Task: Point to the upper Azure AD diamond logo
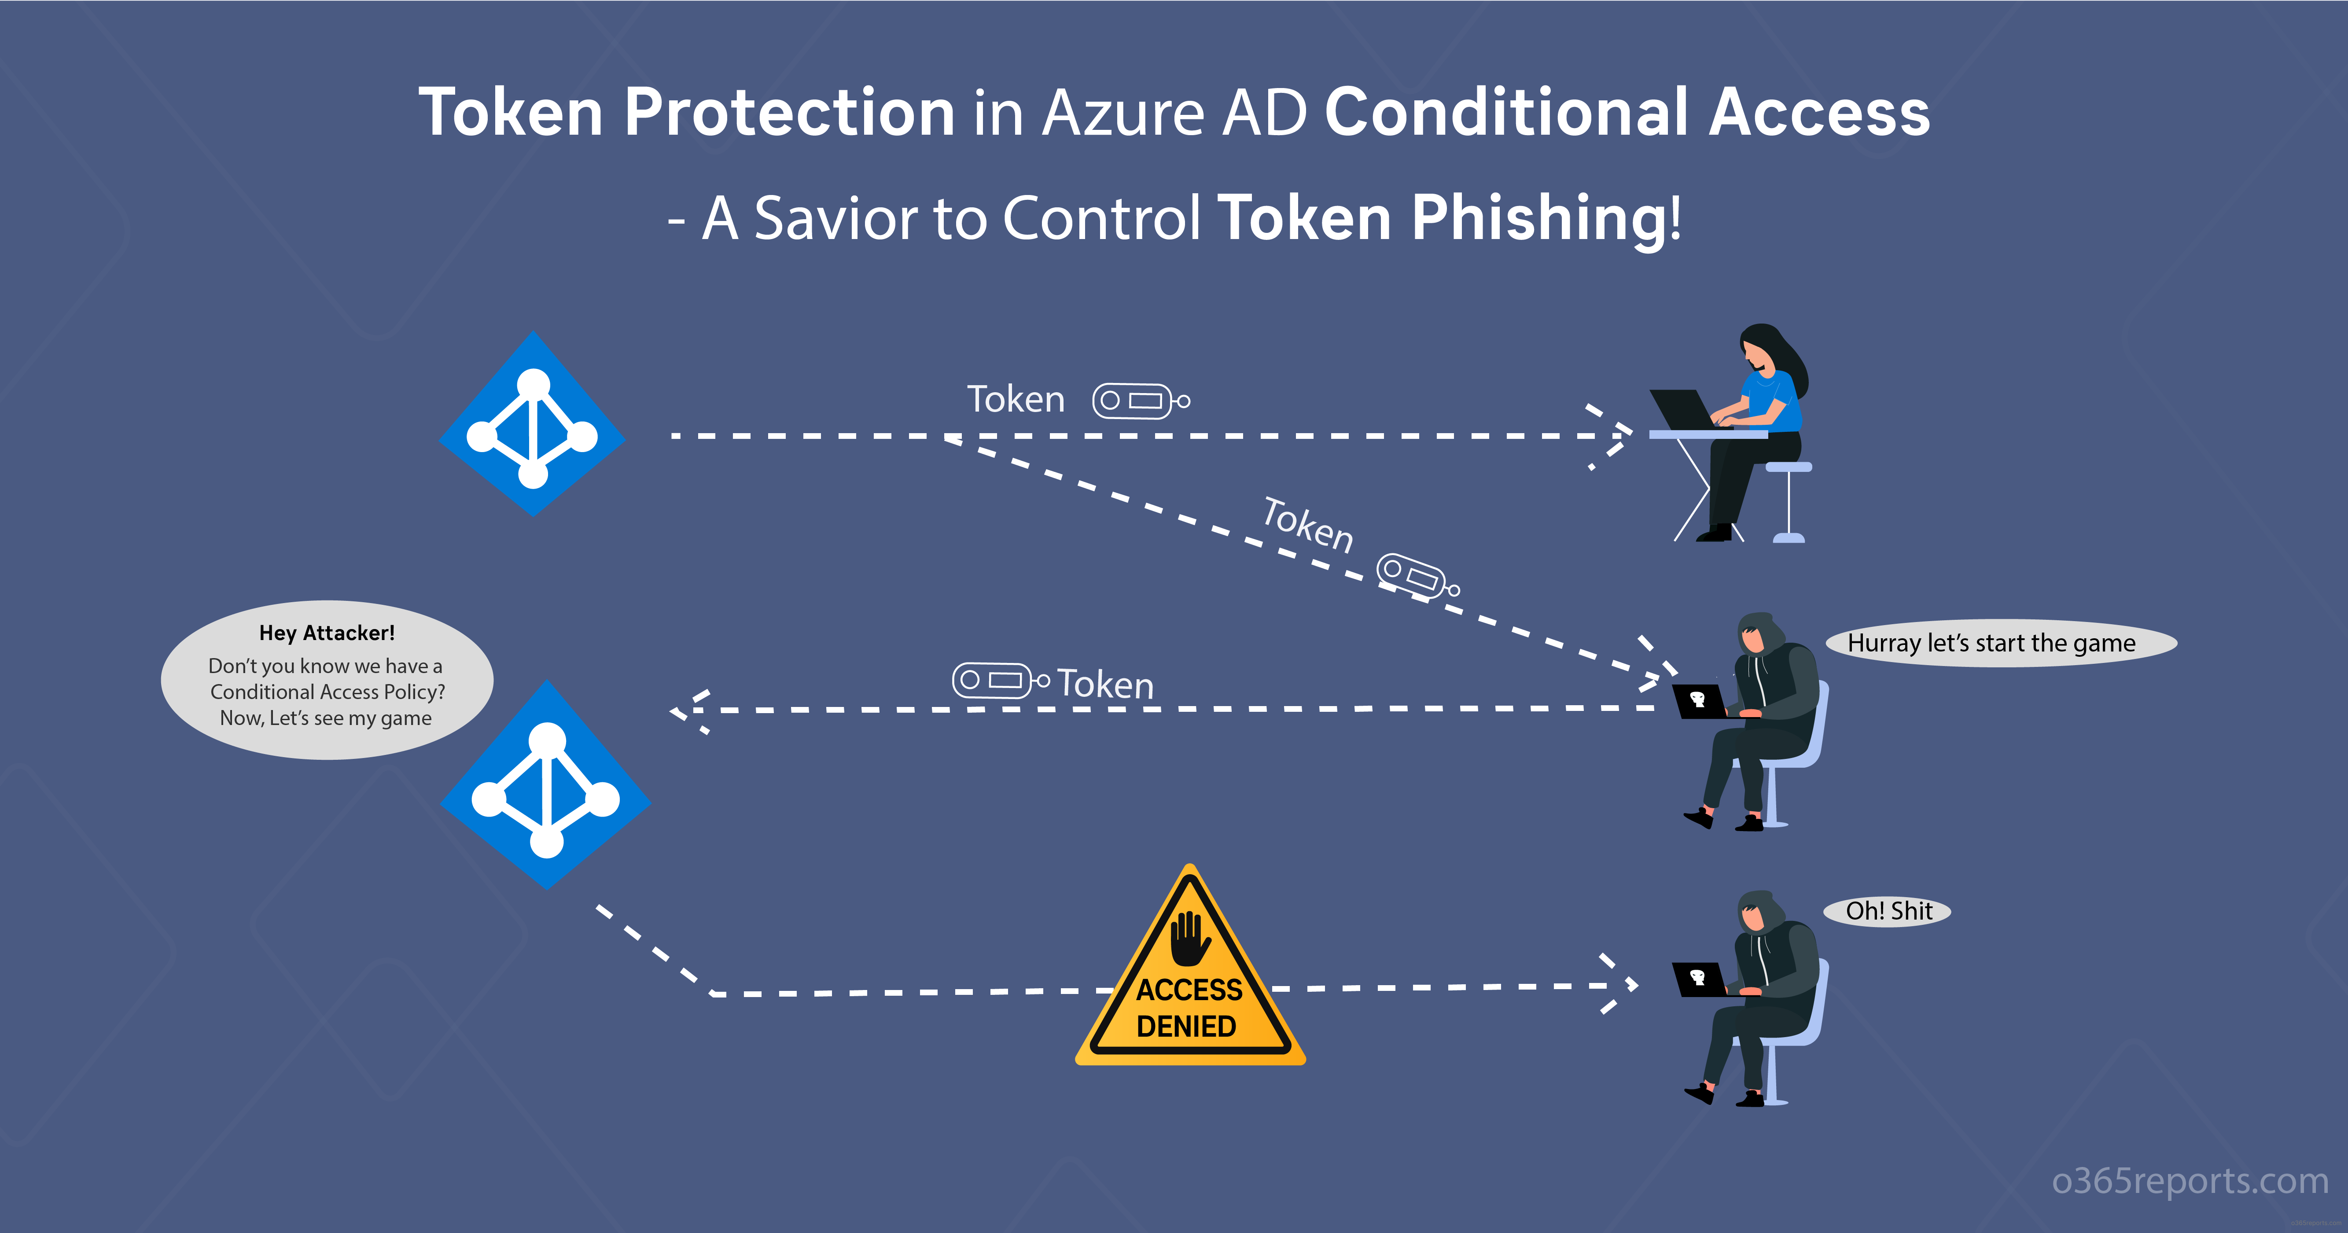tap(532, 424)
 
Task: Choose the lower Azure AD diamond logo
tap(545, 784)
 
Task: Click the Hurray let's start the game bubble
tap(2001, 644)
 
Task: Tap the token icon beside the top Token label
tap(1141, 401)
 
